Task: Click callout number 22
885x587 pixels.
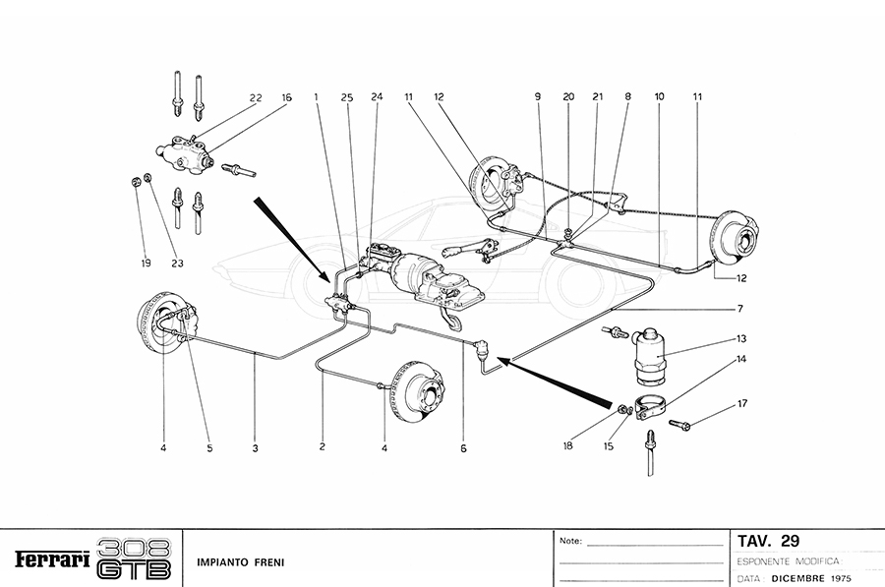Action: pos(255,97)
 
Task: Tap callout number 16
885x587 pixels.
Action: pos(286,97)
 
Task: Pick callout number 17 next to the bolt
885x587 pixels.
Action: pos(741,402)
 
